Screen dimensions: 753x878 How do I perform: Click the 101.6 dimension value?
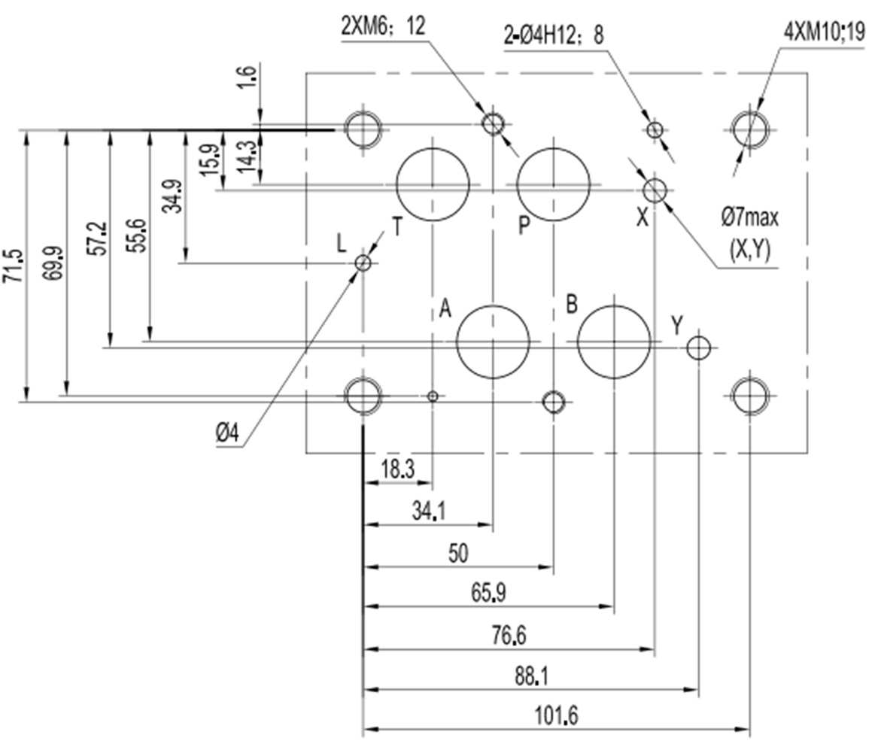pos(557,715)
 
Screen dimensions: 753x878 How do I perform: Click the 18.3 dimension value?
pos(396,470)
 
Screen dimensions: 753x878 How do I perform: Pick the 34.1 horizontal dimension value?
pos(428,512)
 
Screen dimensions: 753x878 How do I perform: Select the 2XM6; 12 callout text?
pos(383,26)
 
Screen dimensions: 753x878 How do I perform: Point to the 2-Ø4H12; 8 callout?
pos(553,35)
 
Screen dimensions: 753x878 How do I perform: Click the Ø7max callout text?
pos(749,218)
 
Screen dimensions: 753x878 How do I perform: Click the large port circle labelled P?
pos(554,184)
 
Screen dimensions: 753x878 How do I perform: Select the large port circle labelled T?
pos(433,184)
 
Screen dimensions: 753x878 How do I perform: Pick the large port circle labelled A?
pos(493,342)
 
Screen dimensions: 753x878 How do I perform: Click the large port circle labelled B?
pos(614,342)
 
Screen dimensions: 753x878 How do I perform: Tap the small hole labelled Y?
pos(699,348)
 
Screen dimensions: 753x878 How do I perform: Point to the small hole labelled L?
pos(363,263)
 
